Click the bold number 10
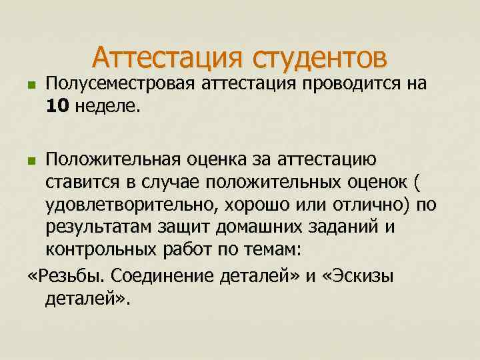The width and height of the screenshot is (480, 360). tap(59, 106)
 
